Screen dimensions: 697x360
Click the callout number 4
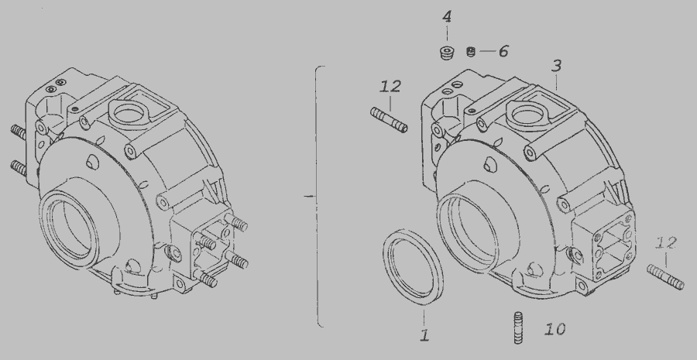(447, 17)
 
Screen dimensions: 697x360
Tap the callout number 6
(503, 51)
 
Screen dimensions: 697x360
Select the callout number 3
(556, 66)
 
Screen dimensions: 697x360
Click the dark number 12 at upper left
(390, 86)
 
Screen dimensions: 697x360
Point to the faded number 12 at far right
(666, 242)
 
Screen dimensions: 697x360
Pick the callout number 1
(424, 335)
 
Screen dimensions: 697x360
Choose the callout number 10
(555, 329)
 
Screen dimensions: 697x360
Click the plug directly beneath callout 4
(446, 53)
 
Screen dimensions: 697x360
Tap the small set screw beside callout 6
(471, 52)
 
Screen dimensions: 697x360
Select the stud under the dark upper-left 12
(389, 120)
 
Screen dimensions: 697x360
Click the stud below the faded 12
(665, 277)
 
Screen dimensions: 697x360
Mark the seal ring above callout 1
(413, 266)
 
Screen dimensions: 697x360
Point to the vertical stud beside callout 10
(518, 327)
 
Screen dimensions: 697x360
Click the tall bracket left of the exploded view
(318, 196)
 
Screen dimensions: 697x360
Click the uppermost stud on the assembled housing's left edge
(19, 132)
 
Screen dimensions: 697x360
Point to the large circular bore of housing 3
(468, 232)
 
